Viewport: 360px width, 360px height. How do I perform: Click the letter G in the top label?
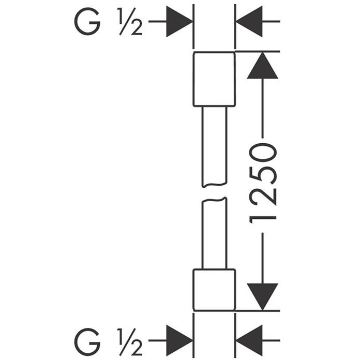[87, 21]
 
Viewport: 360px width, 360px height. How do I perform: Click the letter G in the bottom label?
[87, 342]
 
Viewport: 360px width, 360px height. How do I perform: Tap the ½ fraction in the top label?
[130, 21]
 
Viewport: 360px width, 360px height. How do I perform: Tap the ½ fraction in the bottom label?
[130, 342]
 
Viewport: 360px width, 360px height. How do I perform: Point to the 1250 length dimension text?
[263, 183]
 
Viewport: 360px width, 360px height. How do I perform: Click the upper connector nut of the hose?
[214, 79]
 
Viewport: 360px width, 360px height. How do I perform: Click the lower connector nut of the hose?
[214, 290]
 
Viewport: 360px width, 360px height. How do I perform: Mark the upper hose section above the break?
[215, 147]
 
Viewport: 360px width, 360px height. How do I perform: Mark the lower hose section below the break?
[215, 233]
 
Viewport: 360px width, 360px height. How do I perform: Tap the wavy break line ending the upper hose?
[215, 185]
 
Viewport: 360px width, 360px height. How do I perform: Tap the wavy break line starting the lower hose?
[215, 200]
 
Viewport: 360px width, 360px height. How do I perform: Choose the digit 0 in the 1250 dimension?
[263, 152]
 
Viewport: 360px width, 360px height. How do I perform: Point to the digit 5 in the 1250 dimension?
[263, 175]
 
